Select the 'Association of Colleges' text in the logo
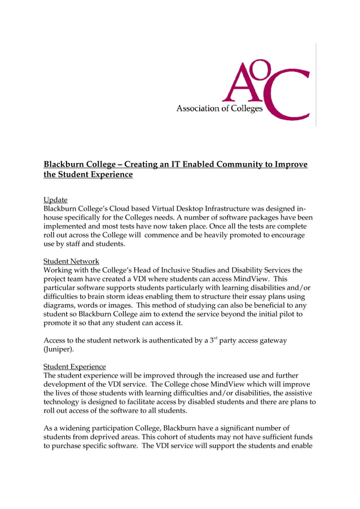tap(219, 108)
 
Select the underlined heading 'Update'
tap(55, 200)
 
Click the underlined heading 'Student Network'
tap(71, 261)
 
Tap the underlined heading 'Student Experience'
tap(74, 366)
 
